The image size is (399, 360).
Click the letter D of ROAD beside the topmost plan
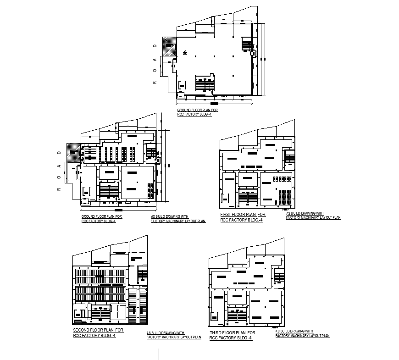pyautogui.click(x=155, y=46)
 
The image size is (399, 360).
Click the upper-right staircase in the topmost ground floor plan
pyautogui.click(x=247, y=45)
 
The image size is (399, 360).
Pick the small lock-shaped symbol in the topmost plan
pyautogui.click(x=185, y=53)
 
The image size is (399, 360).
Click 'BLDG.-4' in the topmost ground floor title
pyautogui.click(x=204, y=115)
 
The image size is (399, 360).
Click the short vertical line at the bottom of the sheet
pyautogui.click(x=159, y=354)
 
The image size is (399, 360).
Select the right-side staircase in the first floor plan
pyautogui.click(x=289, y=158)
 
